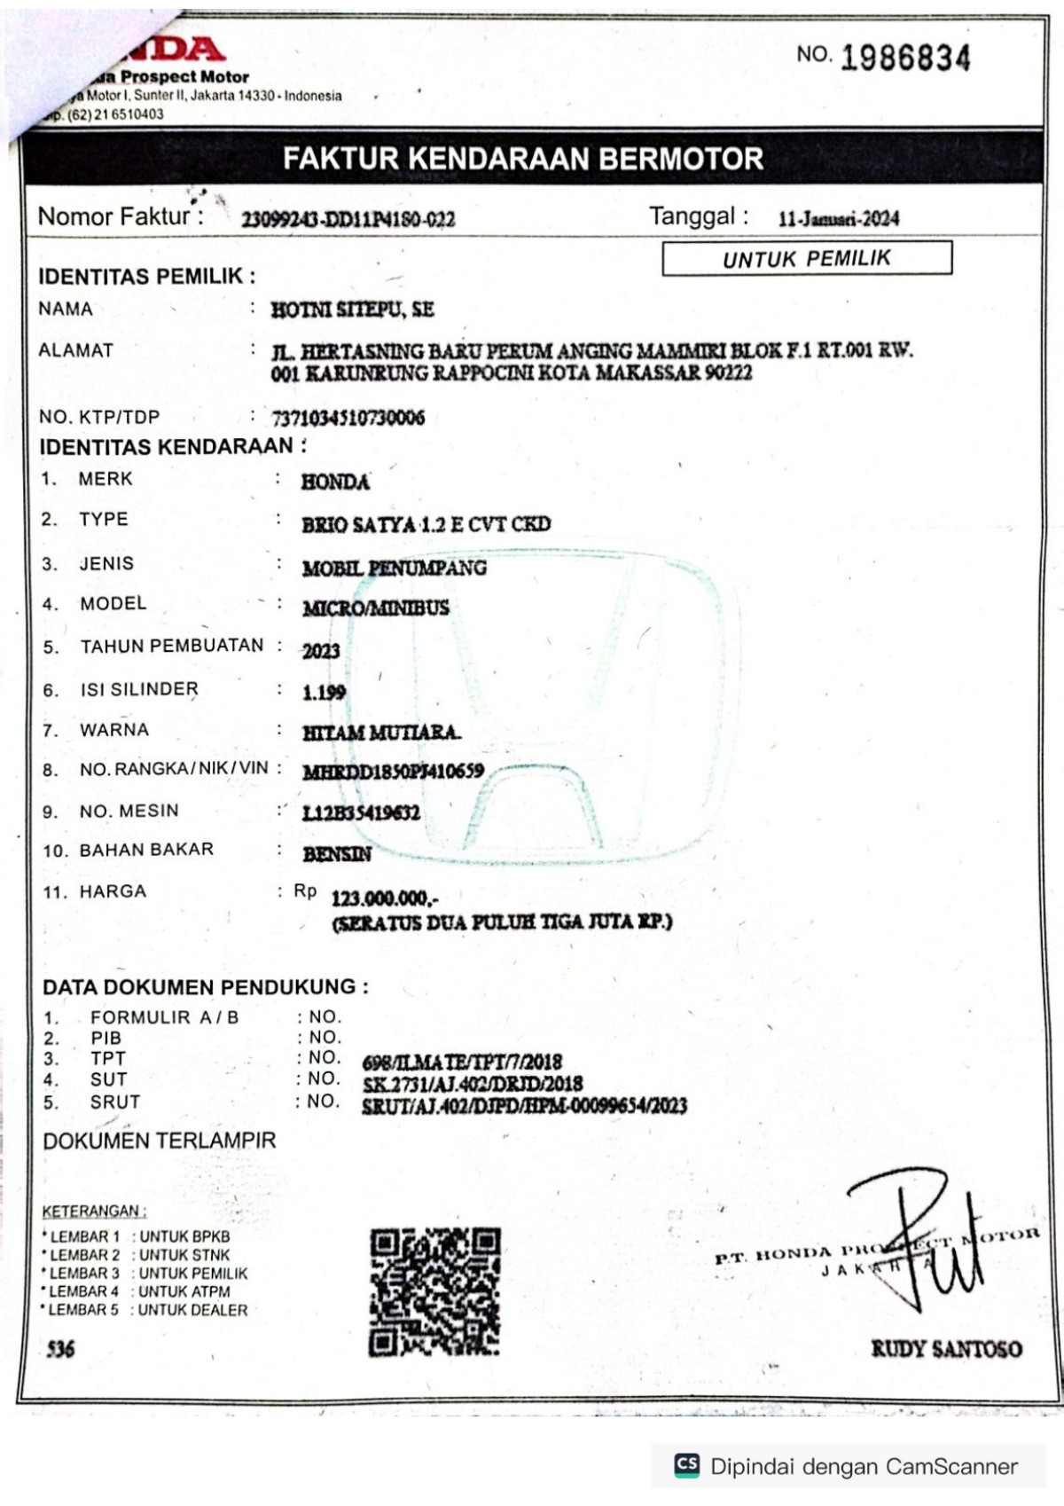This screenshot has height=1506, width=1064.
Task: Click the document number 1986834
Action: click(x=904, y=58)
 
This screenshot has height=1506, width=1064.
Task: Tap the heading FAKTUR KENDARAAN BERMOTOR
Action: click(x=523, y=159)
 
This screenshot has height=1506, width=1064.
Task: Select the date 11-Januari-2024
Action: click(x=838, y=218)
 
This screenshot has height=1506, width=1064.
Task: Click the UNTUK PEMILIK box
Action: click(x=807, y=258)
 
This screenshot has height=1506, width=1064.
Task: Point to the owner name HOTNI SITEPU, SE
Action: click(x=352, y=310)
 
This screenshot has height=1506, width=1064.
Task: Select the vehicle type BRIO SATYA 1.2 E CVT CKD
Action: click(x=426, y=524)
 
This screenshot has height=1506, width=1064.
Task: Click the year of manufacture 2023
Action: click(x=321, y=651)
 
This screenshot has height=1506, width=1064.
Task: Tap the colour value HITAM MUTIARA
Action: click(x=381, y=733)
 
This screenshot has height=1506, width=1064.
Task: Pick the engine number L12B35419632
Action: click(x=361, y=812)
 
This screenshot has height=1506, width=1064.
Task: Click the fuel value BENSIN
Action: click(x=337, y=854)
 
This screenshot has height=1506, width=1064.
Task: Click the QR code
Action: click(x=434, y=1291)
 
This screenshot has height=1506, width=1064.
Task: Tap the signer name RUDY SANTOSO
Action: click(x=946, y=1349)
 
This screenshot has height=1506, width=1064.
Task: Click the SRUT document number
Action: click(x=524, y=1106)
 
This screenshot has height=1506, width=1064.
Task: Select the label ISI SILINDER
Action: click(x=139, y=689)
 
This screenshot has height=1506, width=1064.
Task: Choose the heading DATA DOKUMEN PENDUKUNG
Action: click(x=205, y=987)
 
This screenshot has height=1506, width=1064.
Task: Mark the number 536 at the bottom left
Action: click(x=60, y=1349)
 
